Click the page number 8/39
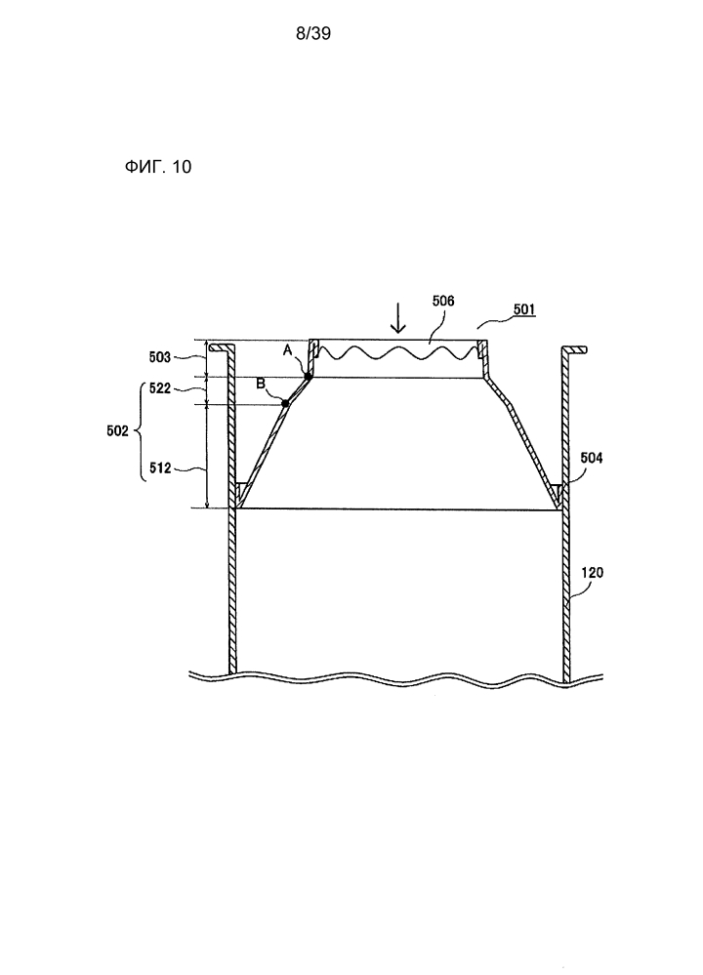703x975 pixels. (312, 33)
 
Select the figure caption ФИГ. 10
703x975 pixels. (158, 167)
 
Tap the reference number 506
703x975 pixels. (443, 301)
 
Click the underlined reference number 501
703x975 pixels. (523, 309)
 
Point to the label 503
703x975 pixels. (160, 357)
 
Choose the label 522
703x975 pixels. (160, 388)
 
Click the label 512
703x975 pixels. (160, 468)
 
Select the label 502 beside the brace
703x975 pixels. (117, 430)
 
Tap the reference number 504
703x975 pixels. (591, 458)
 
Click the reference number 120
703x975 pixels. (593, 572)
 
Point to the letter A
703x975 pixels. (287, 350)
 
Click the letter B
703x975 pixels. (261, 384)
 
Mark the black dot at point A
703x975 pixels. (308, 376)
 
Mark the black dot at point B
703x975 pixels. (285, 403)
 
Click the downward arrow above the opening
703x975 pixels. (397, 319)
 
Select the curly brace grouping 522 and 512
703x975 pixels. (137, 431)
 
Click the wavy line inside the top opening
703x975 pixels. (397, 354)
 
